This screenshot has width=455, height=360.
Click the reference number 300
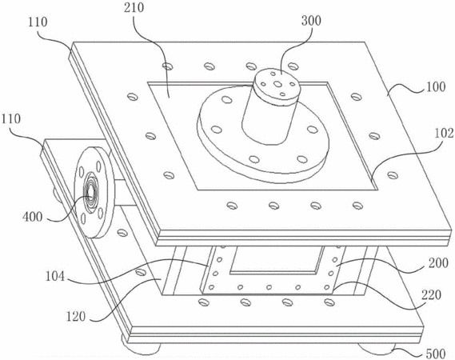(x=311, y=21)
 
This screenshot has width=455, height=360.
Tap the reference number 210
(x=134, y=8)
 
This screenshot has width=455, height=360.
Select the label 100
(x=435, y=87)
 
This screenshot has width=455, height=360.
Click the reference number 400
(x=33, y=217)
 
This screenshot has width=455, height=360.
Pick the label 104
(x=55, y=276)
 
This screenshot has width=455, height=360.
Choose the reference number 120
(x=76, y=317)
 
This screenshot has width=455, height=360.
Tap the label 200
(x=438, y=264)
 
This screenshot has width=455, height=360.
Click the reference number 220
(x=432, y=295)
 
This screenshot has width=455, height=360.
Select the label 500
(x=436, y=354)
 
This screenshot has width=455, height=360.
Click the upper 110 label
(x=38, y=22)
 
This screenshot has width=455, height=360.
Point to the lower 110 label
(x=11, y=119)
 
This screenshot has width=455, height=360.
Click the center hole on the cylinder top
(x=277, y=84)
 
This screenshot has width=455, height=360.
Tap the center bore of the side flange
(x=90, y=192)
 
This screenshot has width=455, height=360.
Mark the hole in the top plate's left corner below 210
(x=168, y=66)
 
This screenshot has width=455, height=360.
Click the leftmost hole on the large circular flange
(x=215, y=129)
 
